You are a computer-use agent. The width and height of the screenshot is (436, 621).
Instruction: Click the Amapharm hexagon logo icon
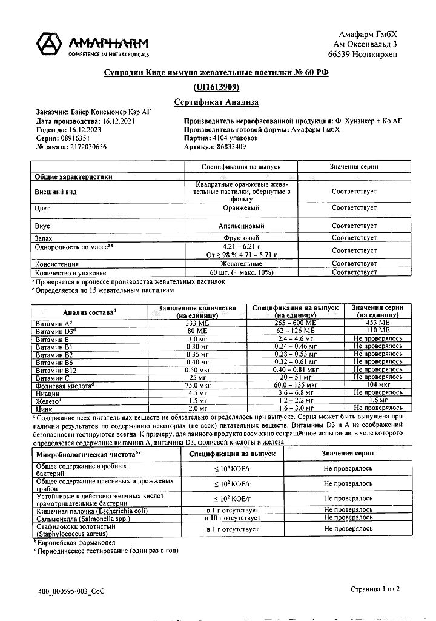click(51, 44)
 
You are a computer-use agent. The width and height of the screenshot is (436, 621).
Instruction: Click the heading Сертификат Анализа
click(216, 102)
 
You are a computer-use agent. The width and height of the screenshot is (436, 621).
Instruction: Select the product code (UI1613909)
click(216, 87)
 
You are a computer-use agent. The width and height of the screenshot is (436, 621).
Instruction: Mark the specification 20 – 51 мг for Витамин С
click(294, 377)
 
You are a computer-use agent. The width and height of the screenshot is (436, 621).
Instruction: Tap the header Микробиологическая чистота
click(88, 453)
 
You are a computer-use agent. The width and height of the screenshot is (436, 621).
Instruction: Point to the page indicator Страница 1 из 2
click(375, 589)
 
